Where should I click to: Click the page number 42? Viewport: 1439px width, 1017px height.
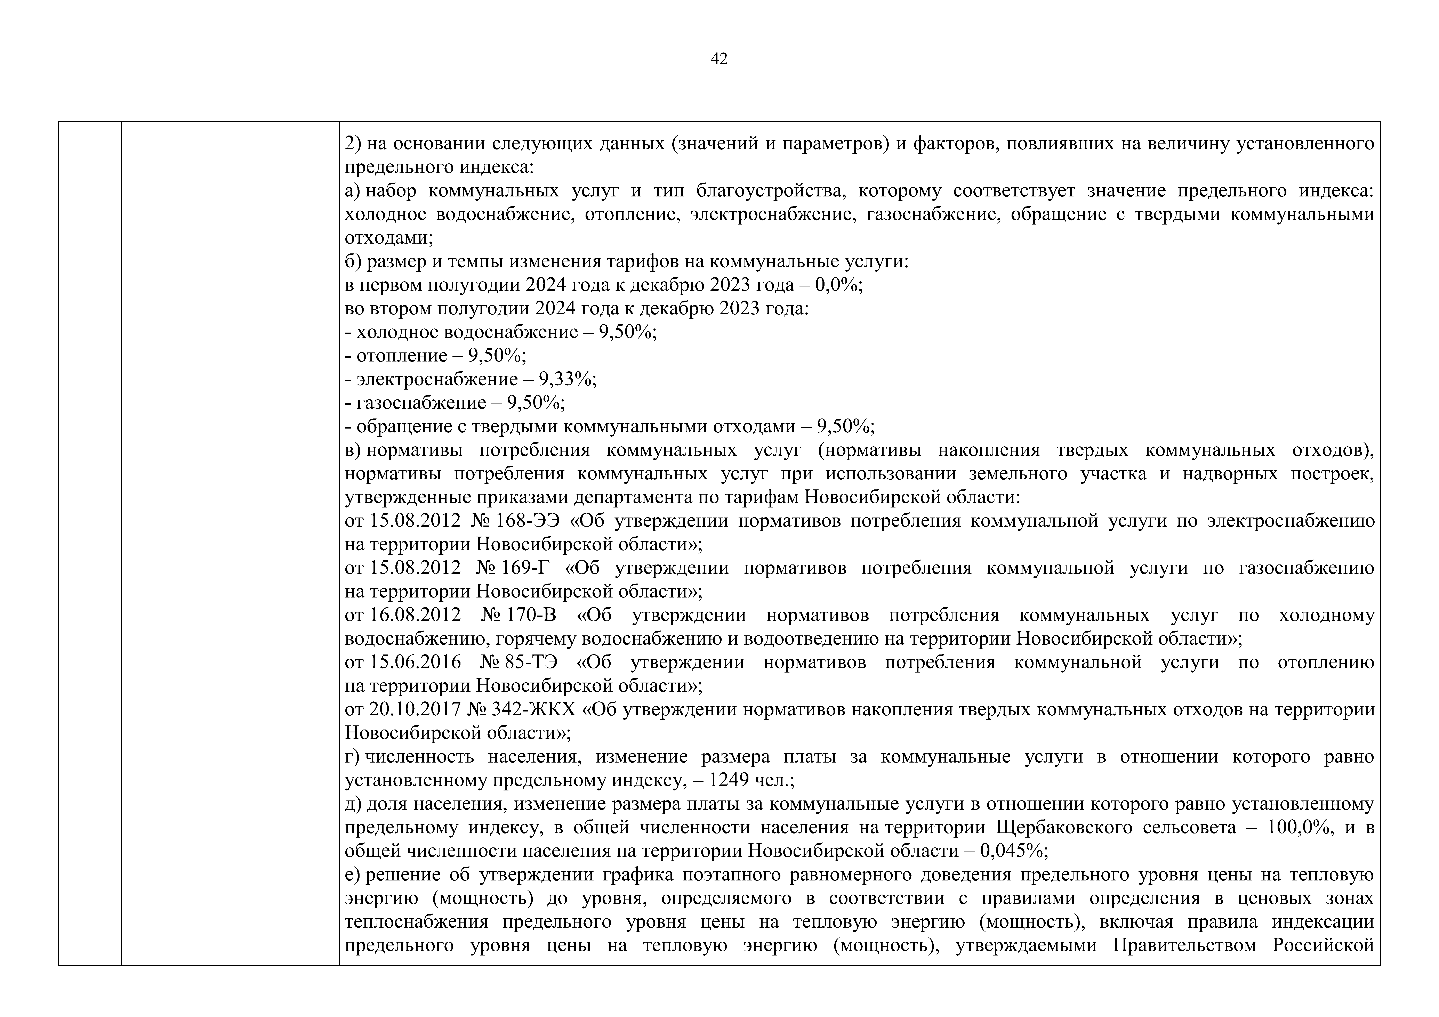719,59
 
